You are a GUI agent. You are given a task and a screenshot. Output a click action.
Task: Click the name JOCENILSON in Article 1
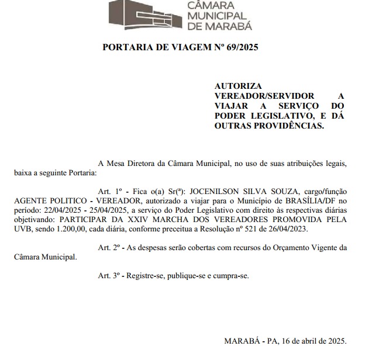pos(215,191)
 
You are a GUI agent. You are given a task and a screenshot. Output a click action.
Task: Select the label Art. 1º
pos(108,191)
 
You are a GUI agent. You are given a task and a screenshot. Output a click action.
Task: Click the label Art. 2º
pos(108,247)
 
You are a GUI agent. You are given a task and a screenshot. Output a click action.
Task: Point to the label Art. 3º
pos(108,275)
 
